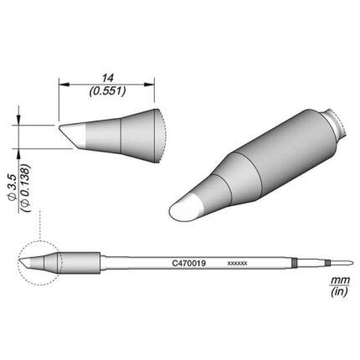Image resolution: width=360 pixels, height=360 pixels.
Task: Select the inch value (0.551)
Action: (x=107, y=91)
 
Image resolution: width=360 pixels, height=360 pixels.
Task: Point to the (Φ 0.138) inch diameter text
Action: (x=25, y=188)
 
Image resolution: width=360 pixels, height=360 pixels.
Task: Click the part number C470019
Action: (x=189, y=263)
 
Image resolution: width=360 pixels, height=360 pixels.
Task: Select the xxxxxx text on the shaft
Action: (x=237, y=264)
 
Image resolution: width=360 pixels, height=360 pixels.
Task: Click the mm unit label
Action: (x=340, y=280)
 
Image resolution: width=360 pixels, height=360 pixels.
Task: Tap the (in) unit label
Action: (x=339, y=291)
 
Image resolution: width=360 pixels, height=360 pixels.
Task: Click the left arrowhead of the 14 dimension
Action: (x=64, y=85)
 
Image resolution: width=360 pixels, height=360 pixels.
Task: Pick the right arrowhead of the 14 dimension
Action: (x=149, y=85)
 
